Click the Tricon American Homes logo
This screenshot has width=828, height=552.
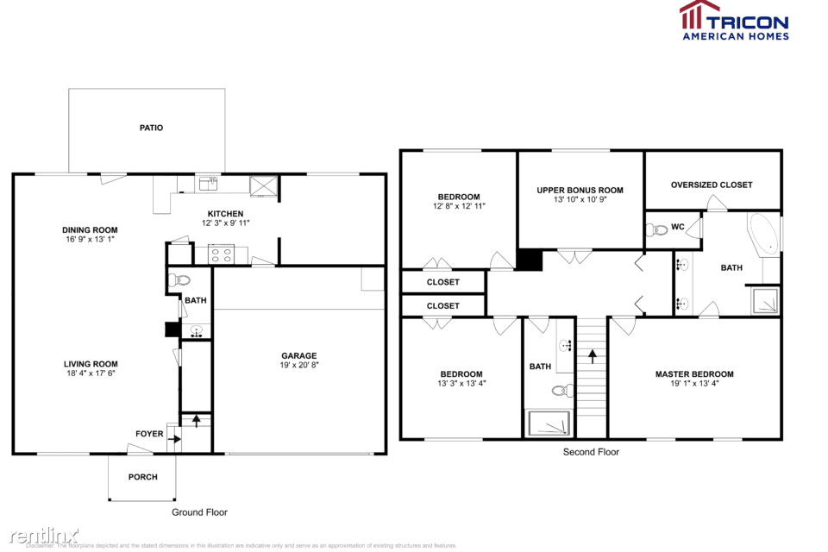(x=733, y=21)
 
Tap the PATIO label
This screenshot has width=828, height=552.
(x=151, y=128)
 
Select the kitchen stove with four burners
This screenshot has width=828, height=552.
(x=220, y=254)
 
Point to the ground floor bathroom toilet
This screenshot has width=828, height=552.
(x=181, y=279)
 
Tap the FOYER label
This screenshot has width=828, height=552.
(x=149, y=434)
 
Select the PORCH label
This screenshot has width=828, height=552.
(x=143, y=477)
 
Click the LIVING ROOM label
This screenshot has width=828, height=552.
(x=91, y=364)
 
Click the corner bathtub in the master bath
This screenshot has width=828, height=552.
(x=763, y=234)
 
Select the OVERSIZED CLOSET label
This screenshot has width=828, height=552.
(x=712, y=185)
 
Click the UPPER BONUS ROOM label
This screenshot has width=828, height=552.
(x=580, y=191)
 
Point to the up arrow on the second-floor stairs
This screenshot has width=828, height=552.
(x=592, y=354)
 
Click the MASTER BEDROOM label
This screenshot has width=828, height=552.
(x=694, y=374)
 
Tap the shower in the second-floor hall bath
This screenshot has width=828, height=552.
(x=549, y=423)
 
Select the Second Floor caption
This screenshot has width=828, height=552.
(x=591, y=452)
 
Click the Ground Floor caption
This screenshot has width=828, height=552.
(x=199, y=512)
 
